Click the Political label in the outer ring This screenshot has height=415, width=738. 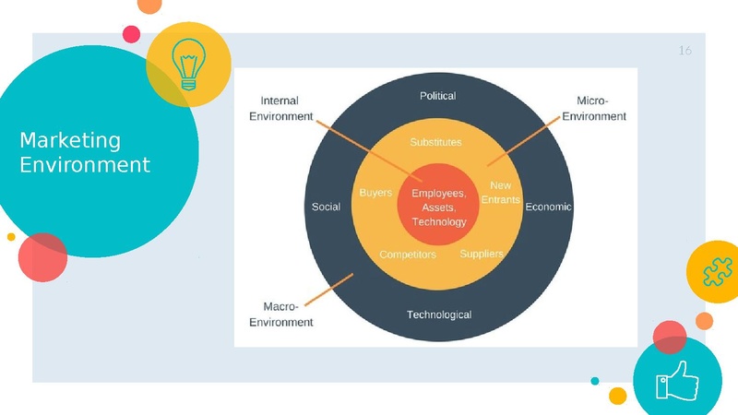click(437, 96)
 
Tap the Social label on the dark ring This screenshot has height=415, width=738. click(326, 207)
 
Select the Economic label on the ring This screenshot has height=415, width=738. click(548, 207)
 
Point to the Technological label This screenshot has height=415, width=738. click(439, 314)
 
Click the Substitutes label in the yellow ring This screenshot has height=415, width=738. click(435, 142)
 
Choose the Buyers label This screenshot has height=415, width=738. click(375, 193)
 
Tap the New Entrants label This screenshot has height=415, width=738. click(500, 193)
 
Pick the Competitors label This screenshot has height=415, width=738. click(408, 254)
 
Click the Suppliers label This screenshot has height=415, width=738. click(482, 254)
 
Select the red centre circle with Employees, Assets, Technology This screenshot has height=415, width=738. click(438, 207)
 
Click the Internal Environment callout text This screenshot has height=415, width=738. click(286, 109)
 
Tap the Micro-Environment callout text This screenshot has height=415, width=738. click(594, 109)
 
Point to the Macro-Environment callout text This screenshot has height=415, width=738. click(282, 314)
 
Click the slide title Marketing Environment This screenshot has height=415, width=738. click(85, 153)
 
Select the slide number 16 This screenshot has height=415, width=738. click(684, 51)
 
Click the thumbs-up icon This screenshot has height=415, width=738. click(677, 380)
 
